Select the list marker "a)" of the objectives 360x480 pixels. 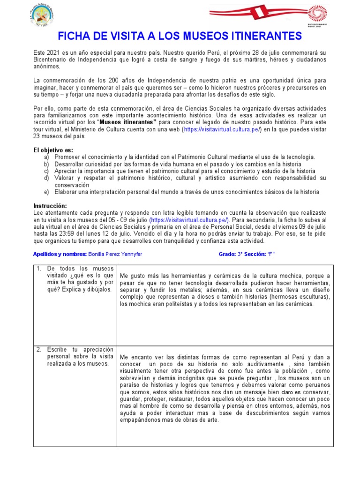(46, 157)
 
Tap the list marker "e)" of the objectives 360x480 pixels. (46, 192)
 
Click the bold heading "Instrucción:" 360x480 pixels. (50, 206)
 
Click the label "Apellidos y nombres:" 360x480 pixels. (60, 254)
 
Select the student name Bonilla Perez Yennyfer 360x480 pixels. (115, 254)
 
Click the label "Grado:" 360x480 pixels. (227, 254)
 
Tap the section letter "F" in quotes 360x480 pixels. (271, 254)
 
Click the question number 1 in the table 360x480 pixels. (38, 268)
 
